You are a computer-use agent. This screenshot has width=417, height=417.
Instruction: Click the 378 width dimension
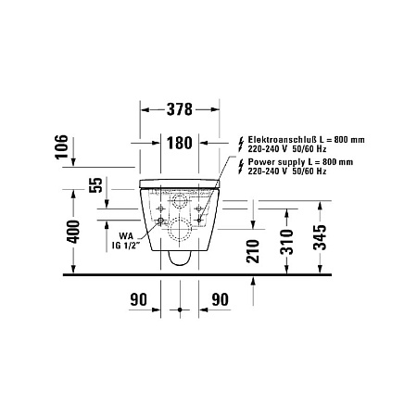(179, 109)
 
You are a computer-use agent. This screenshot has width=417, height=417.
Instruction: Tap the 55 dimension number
(94, 185)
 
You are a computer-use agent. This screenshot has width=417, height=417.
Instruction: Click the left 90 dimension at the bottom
(138, 299)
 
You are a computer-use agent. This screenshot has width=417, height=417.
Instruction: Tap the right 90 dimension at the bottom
(221, 299)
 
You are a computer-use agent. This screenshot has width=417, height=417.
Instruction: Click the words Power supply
(274, 160)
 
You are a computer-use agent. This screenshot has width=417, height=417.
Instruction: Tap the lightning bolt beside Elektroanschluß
(242, 139)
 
